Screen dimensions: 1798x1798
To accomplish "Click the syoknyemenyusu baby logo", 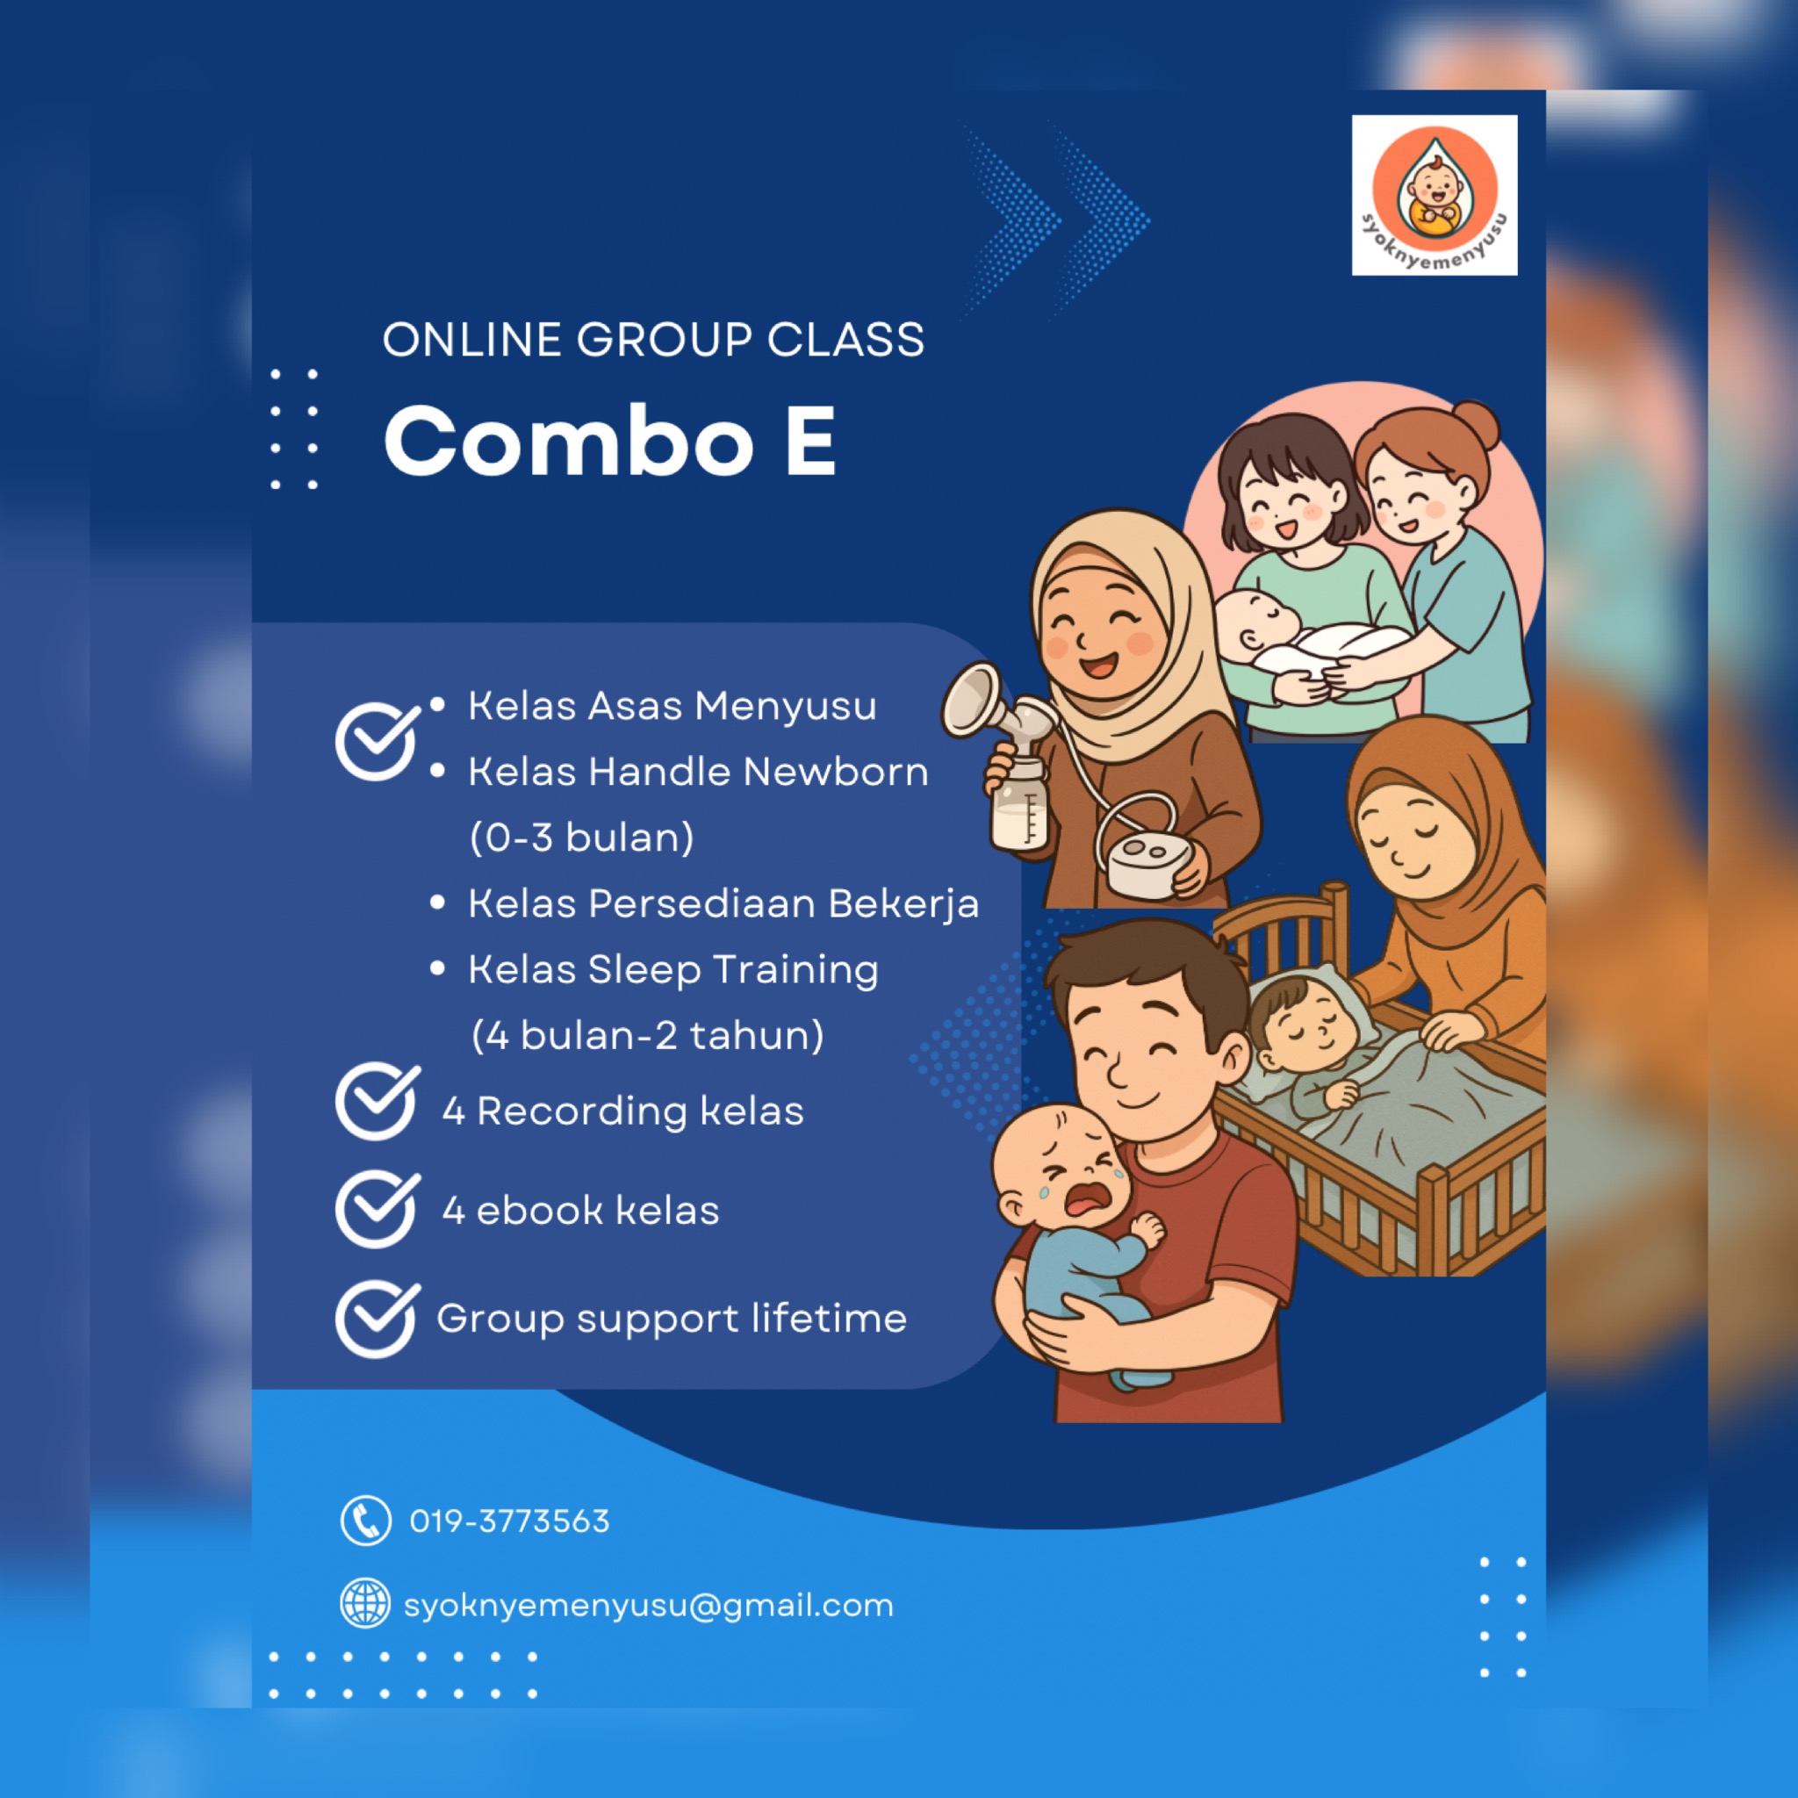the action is click(1435, 195).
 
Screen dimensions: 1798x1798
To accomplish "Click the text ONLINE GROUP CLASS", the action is click(653, 340).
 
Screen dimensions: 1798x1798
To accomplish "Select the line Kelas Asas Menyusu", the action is click(672, 706).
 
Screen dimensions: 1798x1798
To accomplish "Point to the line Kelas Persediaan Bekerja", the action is click(723, 903).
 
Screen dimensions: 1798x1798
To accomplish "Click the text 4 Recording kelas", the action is click(622, 1111).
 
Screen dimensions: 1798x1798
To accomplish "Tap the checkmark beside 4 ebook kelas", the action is click(378, 1209).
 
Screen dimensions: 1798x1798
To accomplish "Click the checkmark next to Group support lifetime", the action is click(378, 1319).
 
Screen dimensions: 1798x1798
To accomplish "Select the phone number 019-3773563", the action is click(510, 1521).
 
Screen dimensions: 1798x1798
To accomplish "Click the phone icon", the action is click(366, 1521).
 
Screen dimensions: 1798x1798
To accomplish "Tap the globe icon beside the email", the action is click(365, 1602).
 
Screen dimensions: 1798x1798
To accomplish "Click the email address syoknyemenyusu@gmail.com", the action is click(649, 1606).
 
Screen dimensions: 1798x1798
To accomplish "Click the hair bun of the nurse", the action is click(1477, 424).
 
